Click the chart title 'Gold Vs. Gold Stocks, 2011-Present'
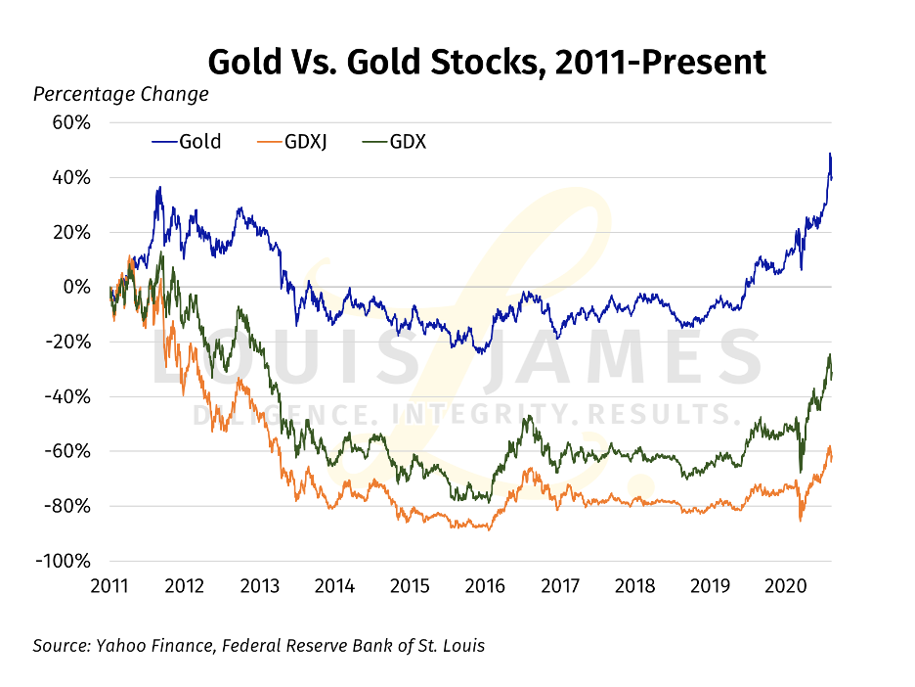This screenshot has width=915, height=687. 486,62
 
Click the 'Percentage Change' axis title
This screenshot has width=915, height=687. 121,95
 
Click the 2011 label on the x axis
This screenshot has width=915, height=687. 109,586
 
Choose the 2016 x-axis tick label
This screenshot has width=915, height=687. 484,586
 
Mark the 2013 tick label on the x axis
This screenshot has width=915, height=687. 259,586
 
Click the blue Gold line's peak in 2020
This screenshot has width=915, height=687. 829,155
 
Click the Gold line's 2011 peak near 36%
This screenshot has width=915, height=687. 158,188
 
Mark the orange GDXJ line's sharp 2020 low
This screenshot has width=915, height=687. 801,520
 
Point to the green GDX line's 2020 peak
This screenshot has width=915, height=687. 830,355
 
